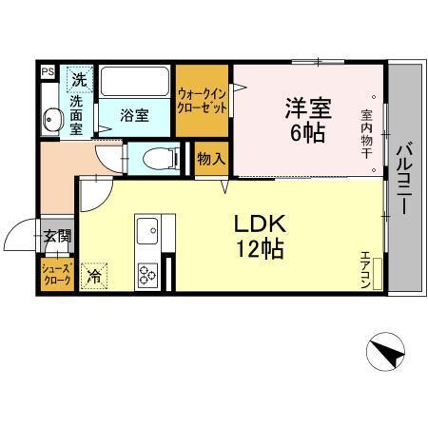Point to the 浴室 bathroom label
(x=133, y=116)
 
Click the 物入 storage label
(x=210, y=159)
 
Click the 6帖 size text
(x=306, y=132)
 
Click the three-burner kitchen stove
(x=148, y=275)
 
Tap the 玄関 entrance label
(x=54, y=236)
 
